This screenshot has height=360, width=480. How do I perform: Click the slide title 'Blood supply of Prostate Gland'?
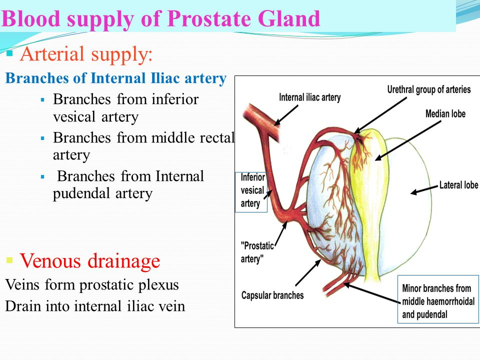[x=161, y=19]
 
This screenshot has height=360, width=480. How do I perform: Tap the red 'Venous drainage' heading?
[x=89, y=260]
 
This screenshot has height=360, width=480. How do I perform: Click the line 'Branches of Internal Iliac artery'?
[x=115, y=79]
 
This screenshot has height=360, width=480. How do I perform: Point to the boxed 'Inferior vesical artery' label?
[x=251, y=190]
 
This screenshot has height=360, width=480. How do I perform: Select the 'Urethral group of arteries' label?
[x=429, y=89]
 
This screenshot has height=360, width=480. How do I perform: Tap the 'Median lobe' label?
[x=445, y=114]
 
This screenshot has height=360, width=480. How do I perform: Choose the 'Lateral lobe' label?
[x=458, y=185]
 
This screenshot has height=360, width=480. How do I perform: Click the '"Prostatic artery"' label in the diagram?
[x=258, y=252]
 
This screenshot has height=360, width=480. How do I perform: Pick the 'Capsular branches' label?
[x=272, y=295]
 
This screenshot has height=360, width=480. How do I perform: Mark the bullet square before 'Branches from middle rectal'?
[x=42, y=137]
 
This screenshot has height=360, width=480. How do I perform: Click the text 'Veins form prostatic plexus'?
[x=91, y=285]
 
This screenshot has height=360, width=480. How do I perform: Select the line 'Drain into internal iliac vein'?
[x=95, y=306]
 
